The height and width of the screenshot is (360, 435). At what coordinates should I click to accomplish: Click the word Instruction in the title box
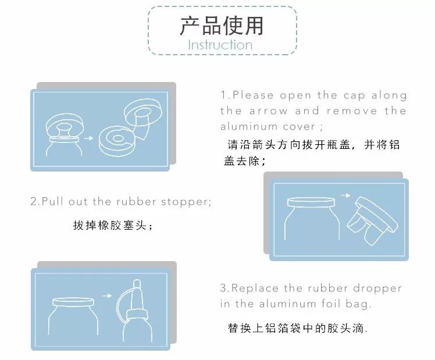tap(220, 45)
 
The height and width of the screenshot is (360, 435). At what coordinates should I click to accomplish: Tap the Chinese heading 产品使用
tap(222, 26)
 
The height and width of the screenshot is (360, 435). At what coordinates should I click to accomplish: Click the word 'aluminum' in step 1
tap(249, 126)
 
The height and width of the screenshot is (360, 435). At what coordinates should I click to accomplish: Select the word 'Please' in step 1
tap(253, 95)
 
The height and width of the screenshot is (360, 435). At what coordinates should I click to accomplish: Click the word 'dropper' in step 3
tap(377, 288)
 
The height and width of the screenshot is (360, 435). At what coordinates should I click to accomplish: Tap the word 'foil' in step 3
tap(331, 304)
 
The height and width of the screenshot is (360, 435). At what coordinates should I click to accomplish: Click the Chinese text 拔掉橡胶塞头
tap(109, 225)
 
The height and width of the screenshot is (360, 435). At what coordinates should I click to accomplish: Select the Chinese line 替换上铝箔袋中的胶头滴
tap(295, 328)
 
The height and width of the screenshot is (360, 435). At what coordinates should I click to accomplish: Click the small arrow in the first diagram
tap(88, 138)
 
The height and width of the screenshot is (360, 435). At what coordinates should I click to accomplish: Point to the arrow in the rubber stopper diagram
tap(345, 195)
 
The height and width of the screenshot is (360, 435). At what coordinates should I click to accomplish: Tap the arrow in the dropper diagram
tap(107, 296)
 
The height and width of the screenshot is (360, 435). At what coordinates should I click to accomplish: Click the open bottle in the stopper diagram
tap(311, 219)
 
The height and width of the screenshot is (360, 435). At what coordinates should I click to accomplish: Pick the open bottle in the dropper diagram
tap(73, 316)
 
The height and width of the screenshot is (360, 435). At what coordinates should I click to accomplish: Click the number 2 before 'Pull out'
tap(34, 201)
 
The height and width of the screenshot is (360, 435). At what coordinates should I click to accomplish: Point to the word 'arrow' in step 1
tap(268, 111)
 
